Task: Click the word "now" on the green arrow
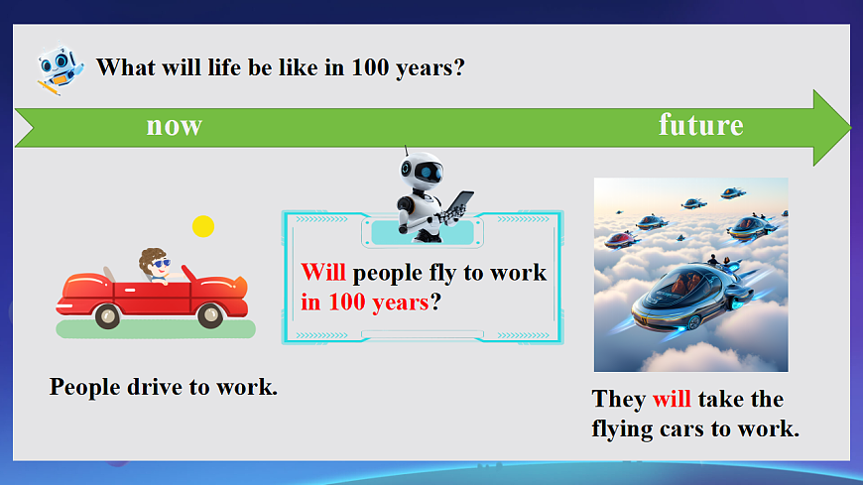tap(174, 126)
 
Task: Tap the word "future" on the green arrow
tap(700, 124)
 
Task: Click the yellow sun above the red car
tap(203, 226)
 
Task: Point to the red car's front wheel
tap(209, 315)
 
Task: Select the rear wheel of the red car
tap(107, 316)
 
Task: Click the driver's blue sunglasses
tap(161, 264)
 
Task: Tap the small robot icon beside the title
tap(60, 69)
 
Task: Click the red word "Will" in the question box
tap(323, 273)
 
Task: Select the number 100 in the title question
tap(370, 67)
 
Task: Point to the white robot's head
tap(422, 171)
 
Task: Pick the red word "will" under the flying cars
tap(672, 399)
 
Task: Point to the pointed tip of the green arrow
tap(850, 128)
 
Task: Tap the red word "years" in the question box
tap(400, 303)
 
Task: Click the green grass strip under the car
tap(156, 329)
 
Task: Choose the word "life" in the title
tap(223, 67)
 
